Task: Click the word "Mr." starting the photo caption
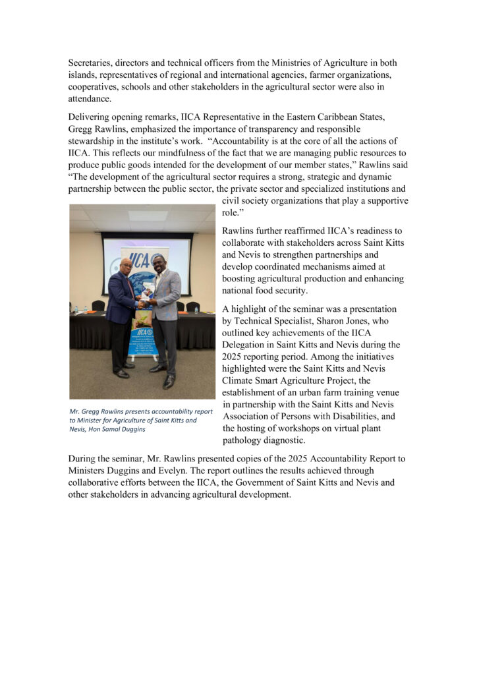coord(74,411)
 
